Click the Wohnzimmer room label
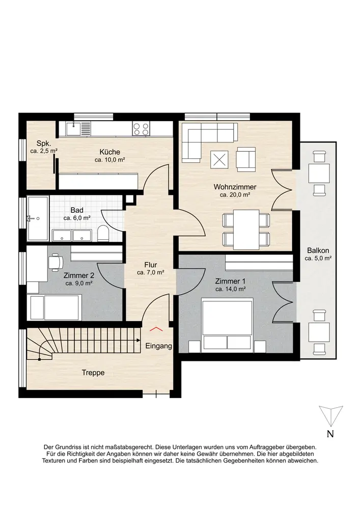[235, 187]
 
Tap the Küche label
[109, 152]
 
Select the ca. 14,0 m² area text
[230, 289]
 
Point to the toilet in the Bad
[103, 233]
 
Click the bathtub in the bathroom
[38, 218]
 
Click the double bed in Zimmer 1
[227, 326]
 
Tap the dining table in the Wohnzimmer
[246, 230]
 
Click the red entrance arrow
[156, 329]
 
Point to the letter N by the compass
[330, 434]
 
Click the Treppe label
[93, 373]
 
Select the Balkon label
[318, 250]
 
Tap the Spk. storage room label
[43, 143]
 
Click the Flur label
[151, 265]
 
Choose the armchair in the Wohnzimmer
[246, 159]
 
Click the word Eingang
[159, 346]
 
